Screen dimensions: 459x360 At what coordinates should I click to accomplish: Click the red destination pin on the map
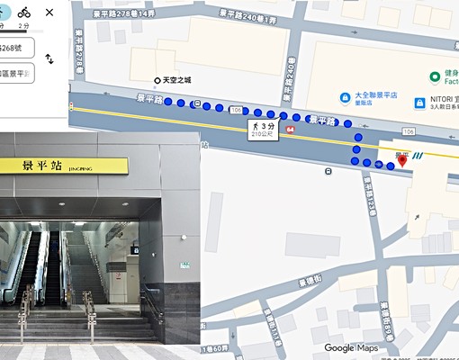[402, 160]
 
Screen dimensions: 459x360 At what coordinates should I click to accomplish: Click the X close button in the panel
[49, 13]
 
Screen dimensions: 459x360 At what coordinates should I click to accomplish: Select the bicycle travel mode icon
[24, 12]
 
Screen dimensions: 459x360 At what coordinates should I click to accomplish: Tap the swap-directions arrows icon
[49, 58]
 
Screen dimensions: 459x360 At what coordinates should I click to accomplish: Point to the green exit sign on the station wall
[184, 265]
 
